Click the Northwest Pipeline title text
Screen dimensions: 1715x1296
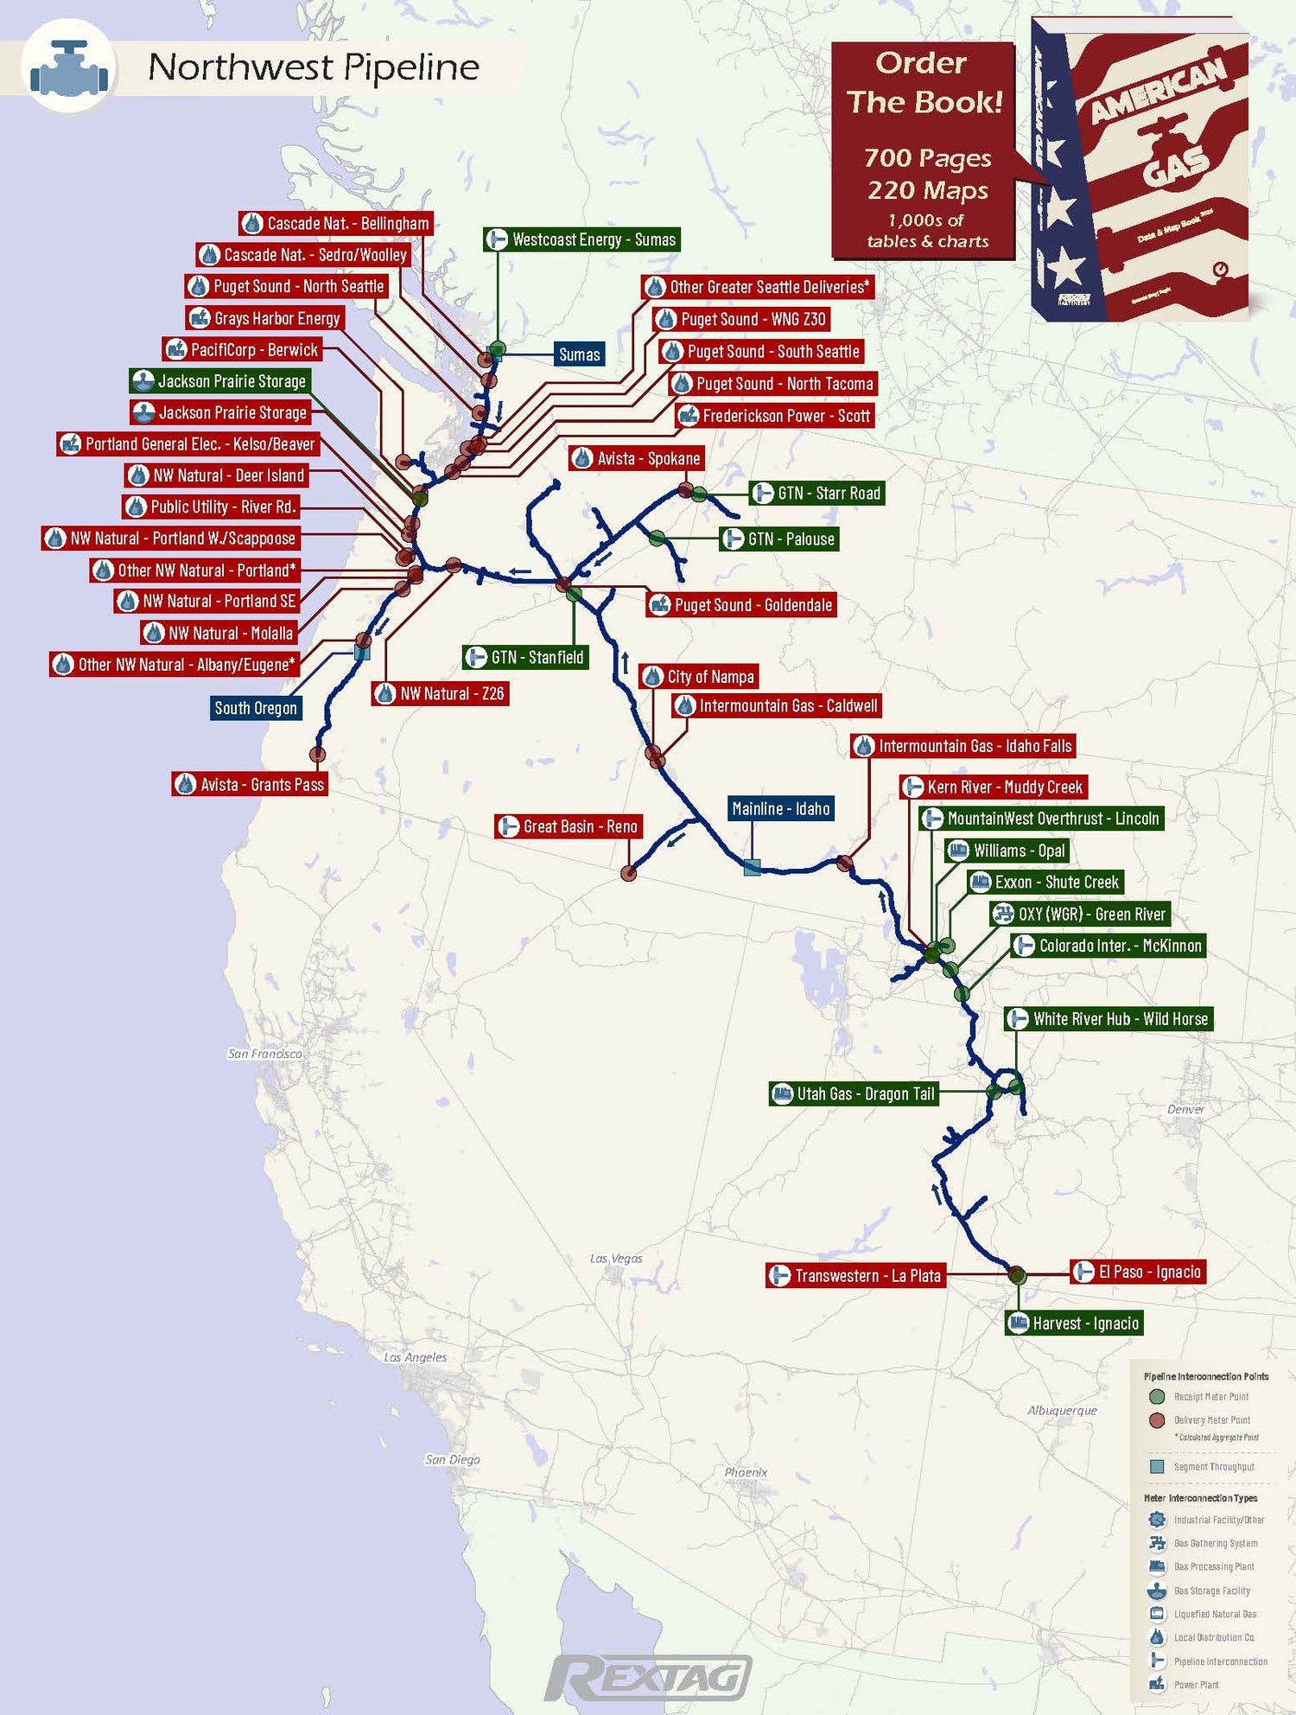click(x=313, y=67)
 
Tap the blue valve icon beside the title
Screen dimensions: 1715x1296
click(x=69, y=67)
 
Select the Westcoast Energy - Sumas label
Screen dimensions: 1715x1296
click(x=581, y=239)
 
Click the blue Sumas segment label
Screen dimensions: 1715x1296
click(x=579, y=354)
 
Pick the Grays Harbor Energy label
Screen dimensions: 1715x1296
click(x=265, y=318)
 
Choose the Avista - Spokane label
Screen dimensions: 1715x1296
click(x=638, y=458)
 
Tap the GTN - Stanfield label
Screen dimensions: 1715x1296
click(x=525, y=657)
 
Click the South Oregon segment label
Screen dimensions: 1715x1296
click(x=256, y=708)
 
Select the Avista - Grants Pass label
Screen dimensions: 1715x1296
click(x=250, y=784)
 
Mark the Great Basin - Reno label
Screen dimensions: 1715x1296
click(x=569, y=826)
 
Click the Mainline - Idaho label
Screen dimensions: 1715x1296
click(x=781, y=809)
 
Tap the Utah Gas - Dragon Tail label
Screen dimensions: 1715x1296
click(x=854, y=1093)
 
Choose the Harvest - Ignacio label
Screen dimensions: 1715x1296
click(x=1074, y=1323)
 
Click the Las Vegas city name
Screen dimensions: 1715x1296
click(x=616, y=1259)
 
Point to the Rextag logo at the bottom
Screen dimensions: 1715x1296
click(x=648, y=1679)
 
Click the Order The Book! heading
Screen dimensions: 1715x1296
click(x=924, y=83)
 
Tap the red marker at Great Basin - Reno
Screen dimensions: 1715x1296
click(x=629, y=873)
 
